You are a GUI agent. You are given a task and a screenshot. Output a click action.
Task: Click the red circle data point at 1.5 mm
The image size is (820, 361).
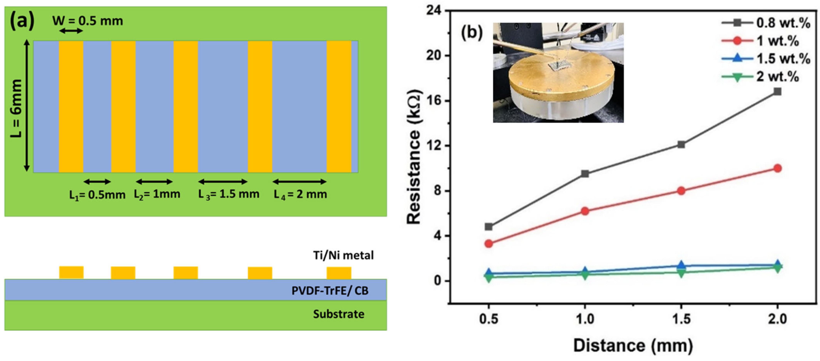coord(681,191)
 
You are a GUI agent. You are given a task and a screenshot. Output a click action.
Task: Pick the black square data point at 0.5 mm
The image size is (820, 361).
coord(489,227)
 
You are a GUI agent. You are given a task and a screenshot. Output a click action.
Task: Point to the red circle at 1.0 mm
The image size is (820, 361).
coord(585,211)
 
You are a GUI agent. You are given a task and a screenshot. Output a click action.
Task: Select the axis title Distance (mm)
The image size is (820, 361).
coord(633,346)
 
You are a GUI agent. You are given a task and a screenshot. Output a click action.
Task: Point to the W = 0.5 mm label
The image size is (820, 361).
coord(87,21)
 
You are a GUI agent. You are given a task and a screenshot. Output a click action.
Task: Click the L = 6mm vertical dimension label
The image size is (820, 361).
coord(16,108)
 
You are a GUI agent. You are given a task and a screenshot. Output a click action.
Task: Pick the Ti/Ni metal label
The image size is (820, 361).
coord(343,255)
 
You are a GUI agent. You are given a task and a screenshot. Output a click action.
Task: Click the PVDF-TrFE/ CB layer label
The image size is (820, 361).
coord(330,290)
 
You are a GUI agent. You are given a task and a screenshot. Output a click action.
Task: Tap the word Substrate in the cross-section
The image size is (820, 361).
coord(338,314)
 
